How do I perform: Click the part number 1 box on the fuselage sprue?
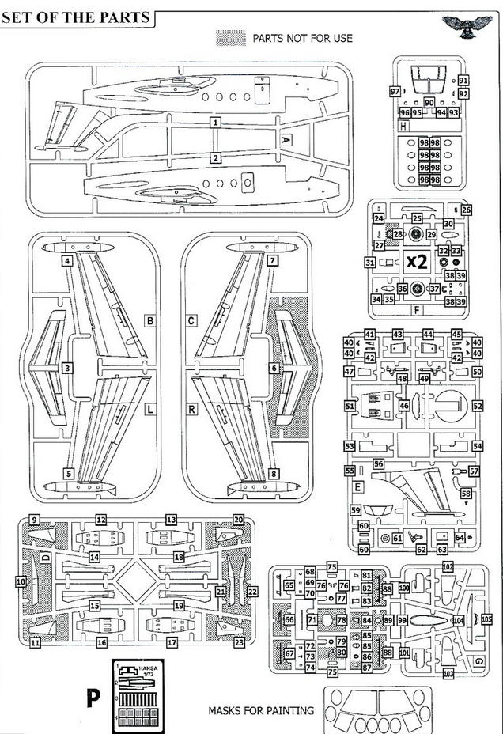pos(215,123)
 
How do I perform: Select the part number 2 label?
pos(215,158)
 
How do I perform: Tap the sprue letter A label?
pos(286,139)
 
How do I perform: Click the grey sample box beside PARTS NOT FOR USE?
pos(229,37)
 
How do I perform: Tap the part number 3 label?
pos(69,368)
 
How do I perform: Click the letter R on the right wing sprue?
pos(192,408)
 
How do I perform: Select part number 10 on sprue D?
pos(21,581)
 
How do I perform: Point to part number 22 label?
pos(253,591)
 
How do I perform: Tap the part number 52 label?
pos(477,406)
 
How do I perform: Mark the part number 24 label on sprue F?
pos(379,218)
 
